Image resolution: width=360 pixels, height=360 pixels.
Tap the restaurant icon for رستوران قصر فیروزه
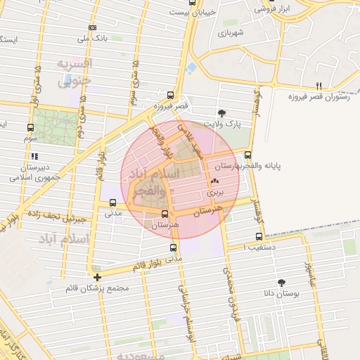point(319,86)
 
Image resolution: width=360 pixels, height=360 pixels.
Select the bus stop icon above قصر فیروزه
point(171,95)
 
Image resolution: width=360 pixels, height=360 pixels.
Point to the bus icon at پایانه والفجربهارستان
point(247,155)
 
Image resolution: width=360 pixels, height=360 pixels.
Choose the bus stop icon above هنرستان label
point(165,214)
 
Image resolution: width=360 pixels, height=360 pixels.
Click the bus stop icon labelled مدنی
point(112,203)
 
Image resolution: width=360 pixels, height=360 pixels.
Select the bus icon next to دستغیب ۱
point(259,236)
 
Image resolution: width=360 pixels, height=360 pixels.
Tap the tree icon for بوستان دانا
point(282,282)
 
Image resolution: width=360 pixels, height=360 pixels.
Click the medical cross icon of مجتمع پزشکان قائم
point(97,277)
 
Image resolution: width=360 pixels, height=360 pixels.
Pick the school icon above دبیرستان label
point(34,157)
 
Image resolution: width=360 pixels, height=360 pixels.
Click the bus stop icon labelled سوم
point(30,128)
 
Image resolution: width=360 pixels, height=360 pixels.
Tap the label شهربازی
point(230,32)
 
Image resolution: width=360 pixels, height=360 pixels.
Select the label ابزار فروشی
point(272,10)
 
